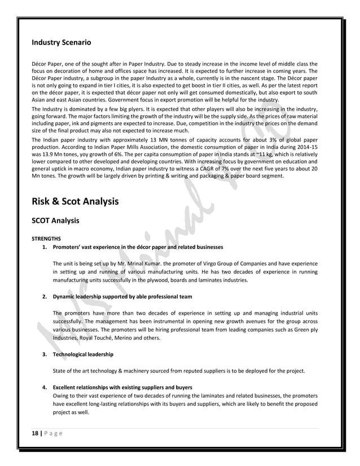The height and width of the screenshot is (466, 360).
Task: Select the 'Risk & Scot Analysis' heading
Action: (75, 200)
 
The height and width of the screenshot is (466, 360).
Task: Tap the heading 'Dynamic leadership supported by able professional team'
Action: (122, 296)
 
